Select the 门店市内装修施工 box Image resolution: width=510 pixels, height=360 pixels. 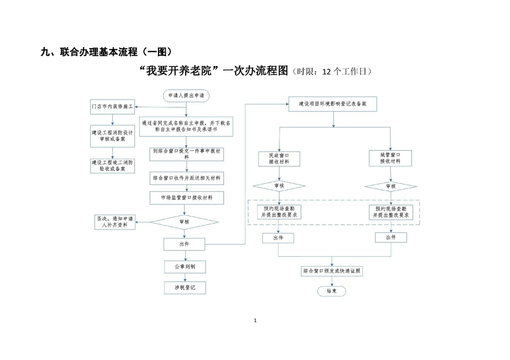(112, 106)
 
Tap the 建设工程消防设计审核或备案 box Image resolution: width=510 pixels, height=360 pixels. (112, 136)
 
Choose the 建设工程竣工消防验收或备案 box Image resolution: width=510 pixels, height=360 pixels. (112, 165)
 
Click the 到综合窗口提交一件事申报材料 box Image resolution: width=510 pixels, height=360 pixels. (187, 154)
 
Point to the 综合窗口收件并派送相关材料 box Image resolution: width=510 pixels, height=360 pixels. (187, 178)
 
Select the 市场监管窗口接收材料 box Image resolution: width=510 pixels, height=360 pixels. (187, 198)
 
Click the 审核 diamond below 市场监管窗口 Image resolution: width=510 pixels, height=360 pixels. (184, 222)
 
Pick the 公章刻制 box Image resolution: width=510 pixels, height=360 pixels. (184, 266)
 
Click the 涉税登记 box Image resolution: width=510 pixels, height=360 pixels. (184, 288)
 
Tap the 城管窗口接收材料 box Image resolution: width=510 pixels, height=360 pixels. (391, 158)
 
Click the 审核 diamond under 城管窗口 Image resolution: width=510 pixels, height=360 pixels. (391, 186)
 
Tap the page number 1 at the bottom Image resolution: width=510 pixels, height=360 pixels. (256, 321)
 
